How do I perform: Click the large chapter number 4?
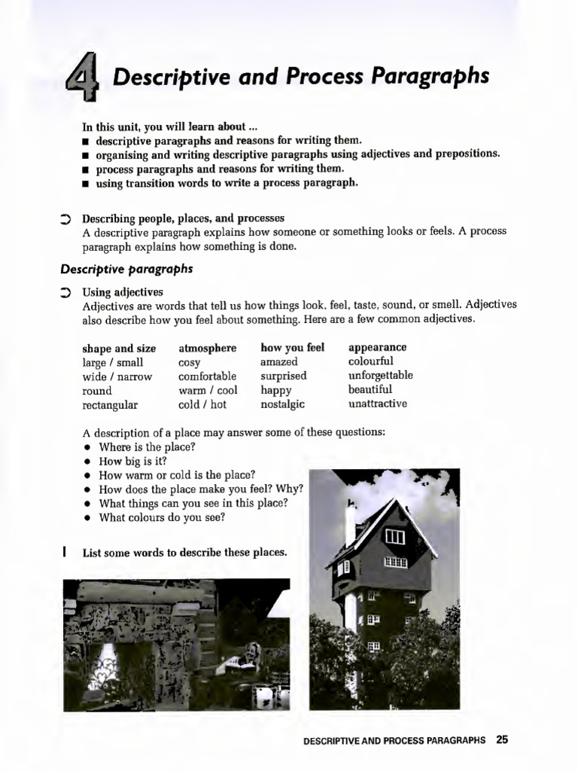tap(87, 79)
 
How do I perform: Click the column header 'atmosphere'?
tap(207, 348)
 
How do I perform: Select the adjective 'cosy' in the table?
tap(189, 362)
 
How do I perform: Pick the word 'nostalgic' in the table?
tap(282, 404)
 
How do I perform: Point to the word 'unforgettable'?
tap(380, 376)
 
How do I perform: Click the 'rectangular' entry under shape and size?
tap(110, 405)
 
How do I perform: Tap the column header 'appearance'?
tap(377, 348)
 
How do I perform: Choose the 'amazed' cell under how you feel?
tap(279, 362)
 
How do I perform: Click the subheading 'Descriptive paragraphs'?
tap(126, 269)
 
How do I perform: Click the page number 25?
tap(502, 739)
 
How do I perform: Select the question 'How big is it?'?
tap(133, 461)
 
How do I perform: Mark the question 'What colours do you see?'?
tap(162, 517)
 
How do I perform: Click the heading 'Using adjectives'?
tap(123, 292)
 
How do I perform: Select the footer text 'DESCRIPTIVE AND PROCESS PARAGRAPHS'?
tap(394, 740)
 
